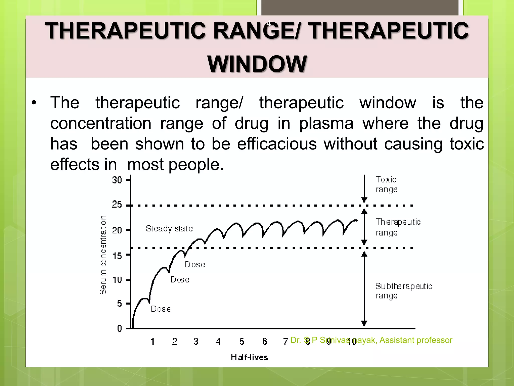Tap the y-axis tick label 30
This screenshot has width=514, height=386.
click(x=117, y=180)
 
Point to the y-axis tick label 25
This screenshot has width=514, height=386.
click(x=117, y=205)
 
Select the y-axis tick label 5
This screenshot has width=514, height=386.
click(x=119, y=304)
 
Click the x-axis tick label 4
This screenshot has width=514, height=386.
click(x=218, y=342)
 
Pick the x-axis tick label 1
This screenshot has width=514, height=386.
click(x=152, y=342)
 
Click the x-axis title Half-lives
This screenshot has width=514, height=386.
click(x=249, y=357)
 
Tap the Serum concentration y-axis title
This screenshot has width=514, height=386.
click(x=103, y=255)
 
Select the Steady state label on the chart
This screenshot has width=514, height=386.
click(x=169, y=228)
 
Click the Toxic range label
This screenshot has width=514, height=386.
click(x=387, y=184)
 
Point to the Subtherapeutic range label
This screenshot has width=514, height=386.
click(x=404, y=291)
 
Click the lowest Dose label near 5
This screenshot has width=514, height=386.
click(x=161, y=309)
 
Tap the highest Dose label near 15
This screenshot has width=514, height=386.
click(x=195, y=265)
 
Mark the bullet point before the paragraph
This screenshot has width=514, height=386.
click(x=34, y=103)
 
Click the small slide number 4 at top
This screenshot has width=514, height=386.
click(x=269, y=24)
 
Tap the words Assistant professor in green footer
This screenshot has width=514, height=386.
click(x=416, y=340)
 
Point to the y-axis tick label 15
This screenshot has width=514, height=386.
click(x=117, y=256)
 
